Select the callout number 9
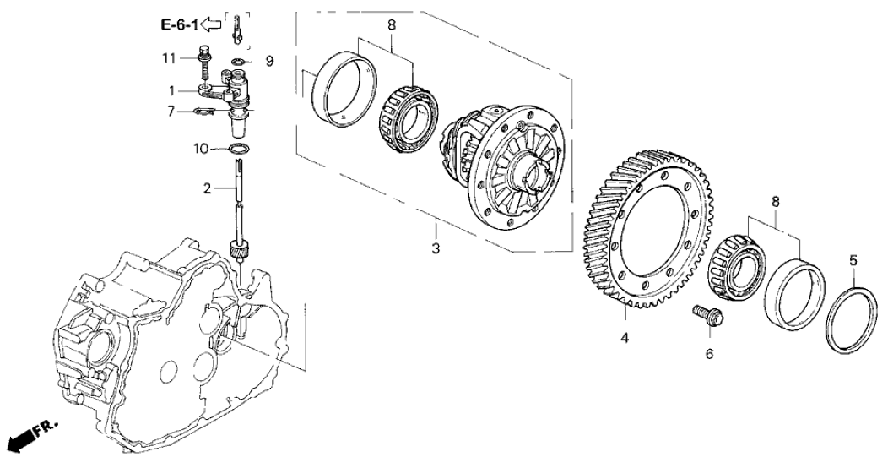click(x=269, y=61)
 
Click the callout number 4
click(x=625, y=339)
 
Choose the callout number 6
click(x=709, y=354)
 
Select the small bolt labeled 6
click(x=707, y=318)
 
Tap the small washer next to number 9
click(x=240, y=62)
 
